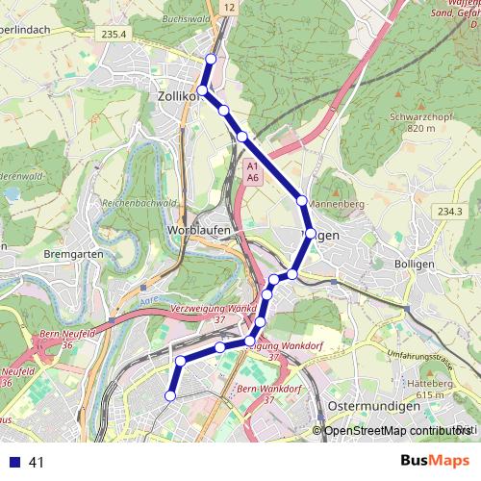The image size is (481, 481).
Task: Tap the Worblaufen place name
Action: coord(196,232)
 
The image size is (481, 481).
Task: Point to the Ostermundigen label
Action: coord(372,407)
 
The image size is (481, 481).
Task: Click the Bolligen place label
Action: coord(416,263)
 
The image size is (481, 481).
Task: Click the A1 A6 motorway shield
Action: coord(251,172)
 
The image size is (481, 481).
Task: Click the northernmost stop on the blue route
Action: coord(211,60)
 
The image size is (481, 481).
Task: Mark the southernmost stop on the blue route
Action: coord(171,395)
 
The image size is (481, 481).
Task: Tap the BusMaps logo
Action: coord(435,461)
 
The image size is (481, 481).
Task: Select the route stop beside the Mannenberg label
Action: coord(302,200)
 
